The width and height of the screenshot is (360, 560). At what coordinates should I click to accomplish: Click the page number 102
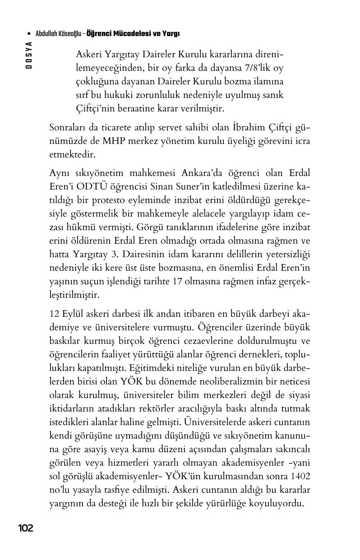point(26,528)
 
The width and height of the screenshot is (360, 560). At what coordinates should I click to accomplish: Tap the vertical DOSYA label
point(29,55)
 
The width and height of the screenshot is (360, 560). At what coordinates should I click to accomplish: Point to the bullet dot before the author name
point(29,34)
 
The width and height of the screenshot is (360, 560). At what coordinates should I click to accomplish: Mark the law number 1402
point(300,477)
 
